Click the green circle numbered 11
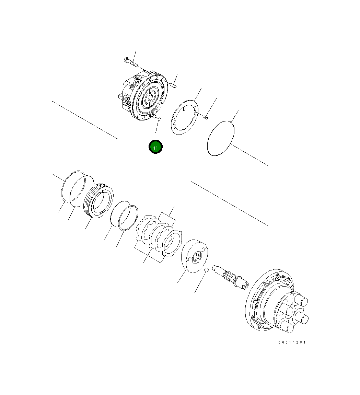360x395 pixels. pos(155,147)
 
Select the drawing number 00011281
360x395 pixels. pos(292,342)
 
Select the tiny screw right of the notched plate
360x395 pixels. pos(206,117)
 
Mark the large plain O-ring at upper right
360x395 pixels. pos(221,138)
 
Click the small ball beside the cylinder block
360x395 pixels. pos(206,270)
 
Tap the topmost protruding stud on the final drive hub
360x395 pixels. pos(301,301)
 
